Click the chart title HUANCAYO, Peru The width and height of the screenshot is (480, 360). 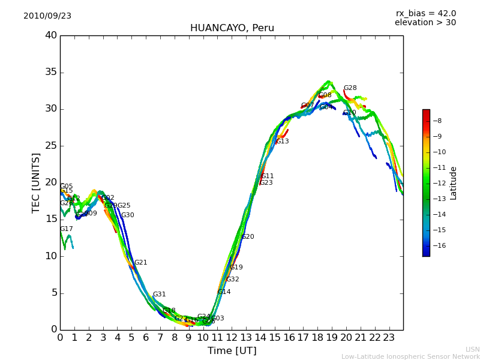click(232, 28)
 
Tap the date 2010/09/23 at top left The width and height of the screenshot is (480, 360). click(47, 16)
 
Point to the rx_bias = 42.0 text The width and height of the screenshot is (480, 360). click(425, 14)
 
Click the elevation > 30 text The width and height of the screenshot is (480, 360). click(425, 23)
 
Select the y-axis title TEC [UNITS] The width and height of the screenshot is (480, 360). click(36, 182)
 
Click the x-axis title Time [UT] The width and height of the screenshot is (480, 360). click(232, 351)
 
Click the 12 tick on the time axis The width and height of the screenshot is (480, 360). click(232, 337)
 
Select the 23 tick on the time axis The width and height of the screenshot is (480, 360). click(389, 337)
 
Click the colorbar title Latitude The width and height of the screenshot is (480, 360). click(454, 183)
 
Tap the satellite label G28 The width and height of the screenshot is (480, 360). click(350, 88)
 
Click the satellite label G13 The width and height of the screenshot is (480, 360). click(282, 142)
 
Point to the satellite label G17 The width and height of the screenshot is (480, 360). click(66, 229)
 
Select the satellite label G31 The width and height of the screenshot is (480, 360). click(159, 295)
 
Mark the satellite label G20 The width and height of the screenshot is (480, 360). click(247, 237)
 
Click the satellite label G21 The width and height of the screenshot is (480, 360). click(140, 263)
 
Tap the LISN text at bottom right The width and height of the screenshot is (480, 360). click(472, 349)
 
